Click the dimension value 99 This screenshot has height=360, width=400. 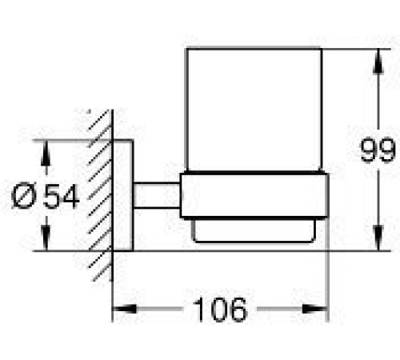[378, 150]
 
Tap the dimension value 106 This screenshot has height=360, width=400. [220, 310]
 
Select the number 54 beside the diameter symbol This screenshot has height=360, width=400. [62, 196]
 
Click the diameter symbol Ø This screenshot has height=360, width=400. [25, 196]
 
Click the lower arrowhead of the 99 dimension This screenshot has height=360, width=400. [378, 238]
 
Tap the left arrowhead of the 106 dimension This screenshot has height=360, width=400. [125, 309]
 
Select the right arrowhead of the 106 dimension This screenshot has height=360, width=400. [314, 309]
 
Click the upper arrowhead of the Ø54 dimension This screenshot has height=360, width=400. [46, 153]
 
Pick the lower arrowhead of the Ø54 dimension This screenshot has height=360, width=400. [46, 238]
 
